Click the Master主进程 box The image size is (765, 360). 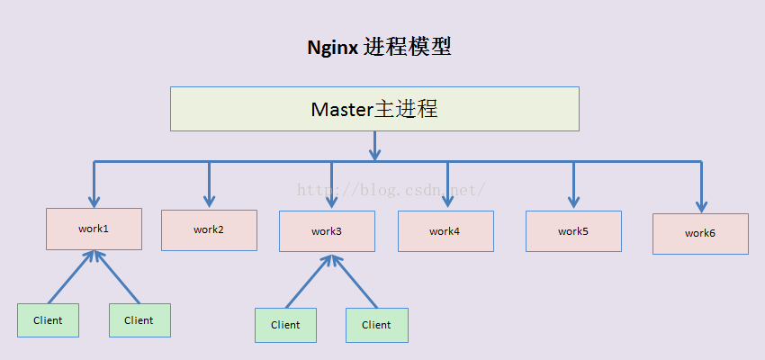(x=374, y=109)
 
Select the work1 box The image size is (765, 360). (x=94, y=229)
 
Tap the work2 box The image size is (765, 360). (x=210, y=230)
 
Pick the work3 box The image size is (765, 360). (x=327, y=231)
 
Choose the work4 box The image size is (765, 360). (x=445, y=231)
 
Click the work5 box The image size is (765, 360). (x=574, y=231)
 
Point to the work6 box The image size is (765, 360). (x=700, y=234)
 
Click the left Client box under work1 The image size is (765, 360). (x=48, y=320)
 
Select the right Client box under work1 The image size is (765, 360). (x=140, y=320)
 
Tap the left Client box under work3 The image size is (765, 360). (x=285, y=325)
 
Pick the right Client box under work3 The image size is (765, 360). (x=377, y=325)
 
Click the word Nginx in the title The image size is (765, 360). (x=333, y=48)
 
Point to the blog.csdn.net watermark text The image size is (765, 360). (x=391, y=189)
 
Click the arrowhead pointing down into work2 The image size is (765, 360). (x=210, y=201)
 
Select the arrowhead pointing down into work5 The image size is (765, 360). (x=574, y=202)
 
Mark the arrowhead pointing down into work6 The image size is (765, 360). (x=702, y=206)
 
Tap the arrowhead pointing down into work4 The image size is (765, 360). (x=448, y=202)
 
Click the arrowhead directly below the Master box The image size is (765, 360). (x=374, y=154)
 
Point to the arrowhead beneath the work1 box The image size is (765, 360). (x=94, y=256)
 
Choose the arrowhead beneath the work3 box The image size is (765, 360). (x=332, y=259)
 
